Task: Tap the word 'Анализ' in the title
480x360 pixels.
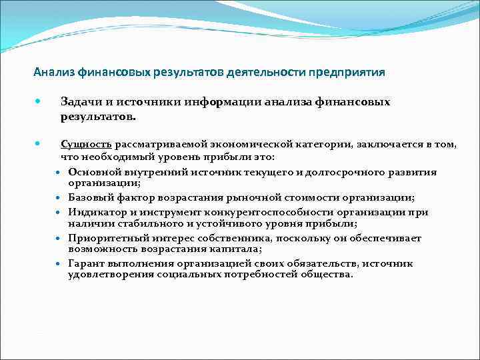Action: (x=55, y=72)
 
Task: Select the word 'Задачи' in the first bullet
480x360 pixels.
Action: (x=79, y=102)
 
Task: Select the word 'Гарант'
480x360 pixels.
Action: (x=86, y=263)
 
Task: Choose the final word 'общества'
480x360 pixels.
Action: (x=329, y=274)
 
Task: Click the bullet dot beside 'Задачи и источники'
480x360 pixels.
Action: (x=38, y=102)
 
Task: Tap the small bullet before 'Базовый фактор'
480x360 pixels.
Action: (x=59, y=198)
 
